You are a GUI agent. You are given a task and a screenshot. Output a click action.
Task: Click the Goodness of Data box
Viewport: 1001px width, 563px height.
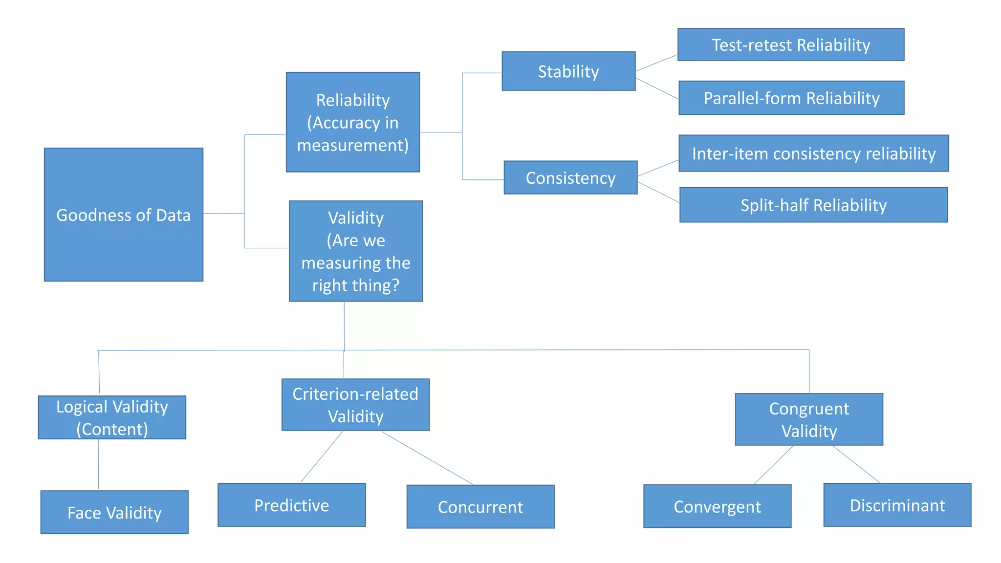point(123,215)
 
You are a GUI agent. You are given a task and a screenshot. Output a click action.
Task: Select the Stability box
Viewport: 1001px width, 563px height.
point(568,71)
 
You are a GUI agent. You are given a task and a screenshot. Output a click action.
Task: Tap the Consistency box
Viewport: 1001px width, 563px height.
point(570,178)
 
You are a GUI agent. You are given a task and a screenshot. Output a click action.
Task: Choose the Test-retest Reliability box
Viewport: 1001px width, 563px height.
point(790,45)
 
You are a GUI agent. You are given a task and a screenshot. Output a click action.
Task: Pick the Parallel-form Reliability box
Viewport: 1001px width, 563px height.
point(791,98)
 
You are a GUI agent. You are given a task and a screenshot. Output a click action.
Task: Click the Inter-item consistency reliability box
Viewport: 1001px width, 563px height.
point(813,153)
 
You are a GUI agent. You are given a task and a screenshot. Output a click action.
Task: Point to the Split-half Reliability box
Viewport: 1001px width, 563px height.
point(813,205)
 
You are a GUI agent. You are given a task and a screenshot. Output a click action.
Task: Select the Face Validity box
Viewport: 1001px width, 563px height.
point(114,512)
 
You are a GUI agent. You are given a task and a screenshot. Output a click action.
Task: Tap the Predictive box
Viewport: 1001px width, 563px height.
point(291,505)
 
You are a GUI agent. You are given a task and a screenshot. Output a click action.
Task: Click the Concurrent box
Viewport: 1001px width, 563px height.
point(480,507)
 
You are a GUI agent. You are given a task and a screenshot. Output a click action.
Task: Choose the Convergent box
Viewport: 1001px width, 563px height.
point(717,506)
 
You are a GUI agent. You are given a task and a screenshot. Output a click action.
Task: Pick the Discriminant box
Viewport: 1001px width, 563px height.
point(897,505)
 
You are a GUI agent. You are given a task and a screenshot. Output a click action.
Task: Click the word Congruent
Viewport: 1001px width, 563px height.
point(809,409)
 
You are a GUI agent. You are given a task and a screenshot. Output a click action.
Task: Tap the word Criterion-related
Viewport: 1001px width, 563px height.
point(355,394)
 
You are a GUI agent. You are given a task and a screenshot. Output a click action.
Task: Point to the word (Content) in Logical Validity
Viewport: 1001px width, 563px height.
point(112,429)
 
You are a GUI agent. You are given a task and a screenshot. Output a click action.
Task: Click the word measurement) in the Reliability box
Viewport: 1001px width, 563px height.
point(352,145)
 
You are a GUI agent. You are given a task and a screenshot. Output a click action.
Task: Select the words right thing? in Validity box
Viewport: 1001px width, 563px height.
point(355,285)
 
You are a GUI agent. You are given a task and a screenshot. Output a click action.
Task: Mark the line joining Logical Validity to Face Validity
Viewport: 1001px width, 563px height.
point(98,464)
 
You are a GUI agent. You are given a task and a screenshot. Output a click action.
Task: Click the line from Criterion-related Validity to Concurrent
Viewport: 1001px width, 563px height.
point(427,458)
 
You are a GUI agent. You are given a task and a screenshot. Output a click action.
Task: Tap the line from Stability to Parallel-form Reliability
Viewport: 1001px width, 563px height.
point(657,88)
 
